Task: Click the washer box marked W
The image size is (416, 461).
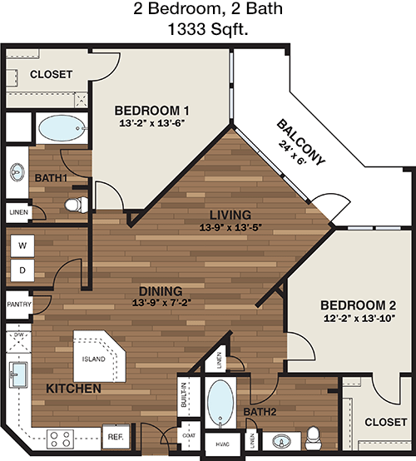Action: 22,245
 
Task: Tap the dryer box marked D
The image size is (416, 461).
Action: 22,270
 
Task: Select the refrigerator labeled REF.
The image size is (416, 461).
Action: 116,437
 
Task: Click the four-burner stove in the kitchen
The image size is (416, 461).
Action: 60,439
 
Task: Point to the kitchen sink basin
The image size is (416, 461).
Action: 18,374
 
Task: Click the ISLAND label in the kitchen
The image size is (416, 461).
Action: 93,359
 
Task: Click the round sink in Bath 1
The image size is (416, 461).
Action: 17,172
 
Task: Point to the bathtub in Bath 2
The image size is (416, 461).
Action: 220,404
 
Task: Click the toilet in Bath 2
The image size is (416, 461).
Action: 312,438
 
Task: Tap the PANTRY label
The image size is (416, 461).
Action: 19,305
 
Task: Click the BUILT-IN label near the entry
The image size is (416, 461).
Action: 184,395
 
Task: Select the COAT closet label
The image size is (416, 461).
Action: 189,435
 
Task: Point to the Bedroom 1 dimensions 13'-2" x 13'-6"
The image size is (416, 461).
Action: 152,123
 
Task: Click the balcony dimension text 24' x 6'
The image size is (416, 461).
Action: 293,153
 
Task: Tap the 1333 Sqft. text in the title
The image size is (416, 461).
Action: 208,29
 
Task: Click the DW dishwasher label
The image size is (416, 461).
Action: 18,335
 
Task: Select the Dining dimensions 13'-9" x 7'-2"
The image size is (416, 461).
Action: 161,302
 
